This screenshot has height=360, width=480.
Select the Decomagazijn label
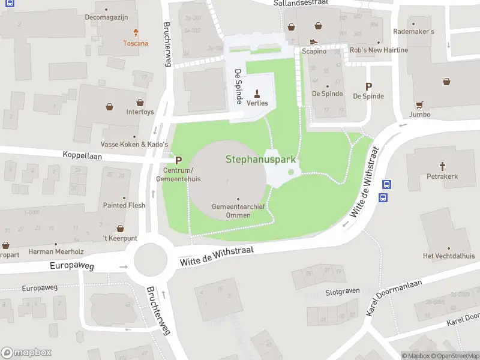pyautogui.click(x=107, y=17)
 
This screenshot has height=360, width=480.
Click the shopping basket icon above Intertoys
pyautogui.click(x=140, y=103)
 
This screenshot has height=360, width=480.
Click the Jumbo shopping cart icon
pyautogui.click(x=420, y=104)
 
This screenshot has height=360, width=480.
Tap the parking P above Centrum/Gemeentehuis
pyautogui.click(x=178, y=161)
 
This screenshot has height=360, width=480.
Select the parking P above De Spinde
pyautogui.click(x=368, y=86)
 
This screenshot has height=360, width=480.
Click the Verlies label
pyautogui.click(x=257, y=103)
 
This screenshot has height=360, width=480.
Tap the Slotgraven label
pyautogui.click(x=342, y=291)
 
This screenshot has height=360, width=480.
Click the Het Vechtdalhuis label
pyautogui.click(x=448, y=256)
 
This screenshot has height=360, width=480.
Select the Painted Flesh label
pyautogui.click(x=124, y=205)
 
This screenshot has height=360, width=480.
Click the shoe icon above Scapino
pyautogui.click(x=313, y=42)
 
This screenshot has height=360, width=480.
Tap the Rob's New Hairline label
pyautogui.click(x=379, y=50)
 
